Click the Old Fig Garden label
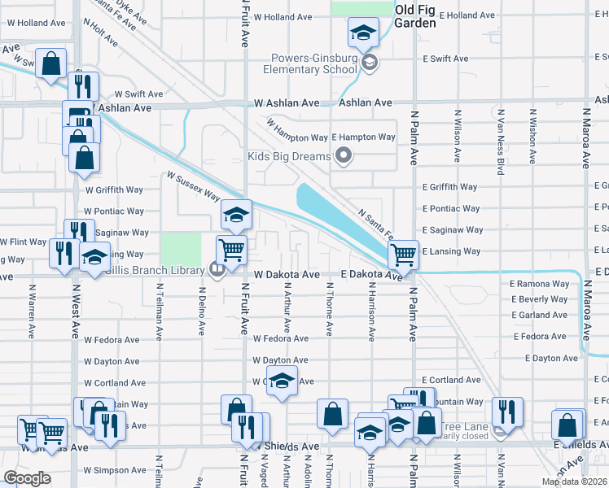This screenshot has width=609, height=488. [x=415, y=16]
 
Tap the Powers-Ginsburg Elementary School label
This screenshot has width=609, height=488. [x=311, y=64]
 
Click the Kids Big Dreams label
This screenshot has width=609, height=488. [x=289, y=155]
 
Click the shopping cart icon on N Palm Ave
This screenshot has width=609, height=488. [x=403, y=254]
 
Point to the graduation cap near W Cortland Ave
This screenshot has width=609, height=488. [x=282, y=381]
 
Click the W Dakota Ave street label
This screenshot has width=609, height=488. [x=286, y=275]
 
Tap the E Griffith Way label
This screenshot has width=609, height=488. [x=449, y=187]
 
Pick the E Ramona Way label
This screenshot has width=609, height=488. [x=538, y=284]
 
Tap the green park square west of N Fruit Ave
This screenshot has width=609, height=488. [x=181, y=248]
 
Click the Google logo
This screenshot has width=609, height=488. [x=27, y=477]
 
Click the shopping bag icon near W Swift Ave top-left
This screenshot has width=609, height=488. [x=50, y=63]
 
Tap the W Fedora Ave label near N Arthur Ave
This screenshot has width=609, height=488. [x=280, y=338]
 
